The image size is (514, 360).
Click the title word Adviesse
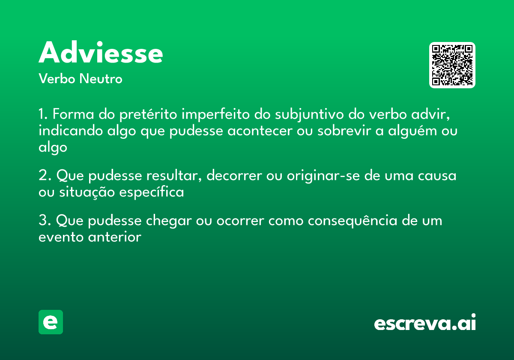pyautogui.click(x=101, y=54)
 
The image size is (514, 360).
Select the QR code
pyautogui.click(x=452, y=65)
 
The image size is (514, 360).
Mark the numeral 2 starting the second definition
pyautogui.click(x=42, y=176)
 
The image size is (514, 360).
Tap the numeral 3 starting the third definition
pyautogui.click(x=42, y=221)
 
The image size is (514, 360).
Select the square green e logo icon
pyautogui.click(x=51, y=322)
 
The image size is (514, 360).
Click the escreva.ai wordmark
pyautogui.click(x=425, y=323)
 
